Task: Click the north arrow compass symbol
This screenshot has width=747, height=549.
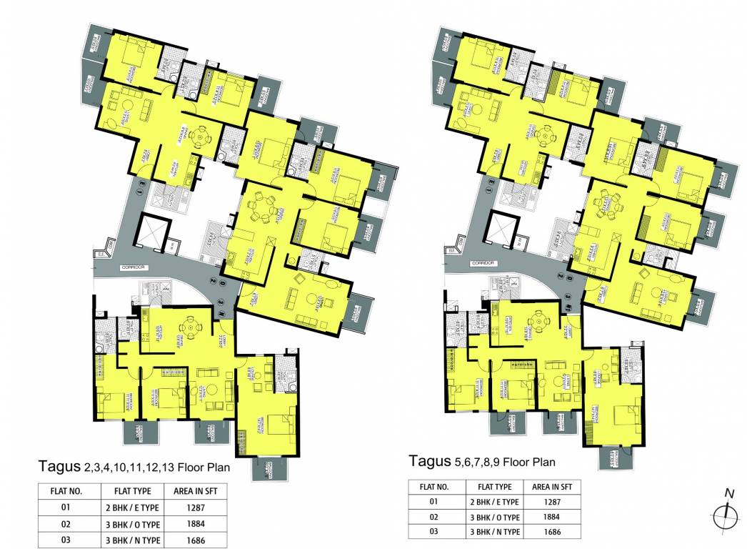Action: click(x=726, y=515)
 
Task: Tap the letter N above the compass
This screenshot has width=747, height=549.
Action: click(x=729, y=493)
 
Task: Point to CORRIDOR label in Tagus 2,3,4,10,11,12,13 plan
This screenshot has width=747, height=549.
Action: click(x=134, y=267)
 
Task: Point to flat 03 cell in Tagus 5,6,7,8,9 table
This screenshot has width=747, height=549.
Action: click(x=433, y=532)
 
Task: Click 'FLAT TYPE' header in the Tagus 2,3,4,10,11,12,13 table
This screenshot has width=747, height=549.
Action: click(x=131, y=491)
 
